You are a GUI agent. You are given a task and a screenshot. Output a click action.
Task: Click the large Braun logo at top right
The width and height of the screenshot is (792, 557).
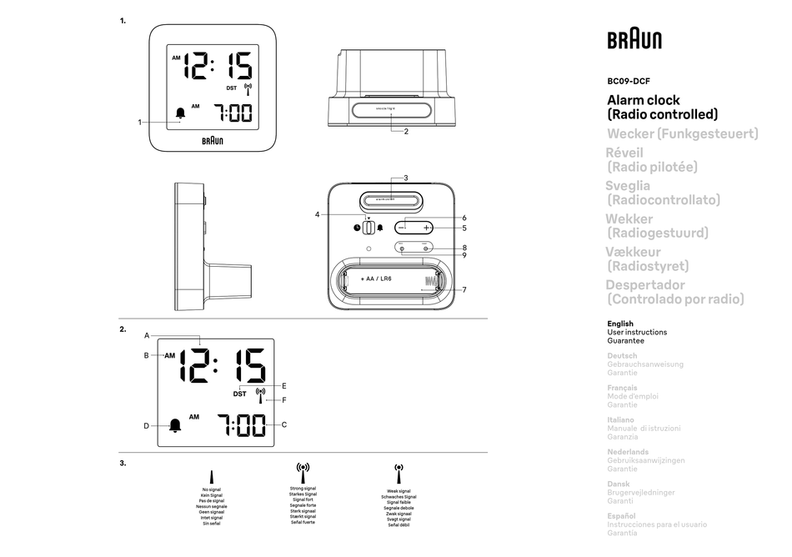(634, 41)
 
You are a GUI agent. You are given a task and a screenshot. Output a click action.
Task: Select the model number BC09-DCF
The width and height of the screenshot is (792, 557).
(628, 82)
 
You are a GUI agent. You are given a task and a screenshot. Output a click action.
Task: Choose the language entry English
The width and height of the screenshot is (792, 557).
(620, 324)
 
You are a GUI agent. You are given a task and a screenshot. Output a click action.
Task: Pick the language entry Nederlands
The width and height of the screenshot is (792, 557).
(628, 452)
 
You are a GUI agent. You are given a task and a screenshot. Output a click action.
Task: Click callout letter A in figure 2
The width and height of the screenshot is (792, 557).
(146, 335)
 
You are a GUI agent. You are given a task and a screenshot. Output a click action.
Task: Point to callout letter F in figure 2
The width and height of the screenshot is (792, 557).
(284, 400)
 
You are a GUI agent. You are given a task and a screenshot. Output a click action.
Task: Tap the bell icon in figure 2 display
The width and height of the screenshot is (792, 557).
(175, 426)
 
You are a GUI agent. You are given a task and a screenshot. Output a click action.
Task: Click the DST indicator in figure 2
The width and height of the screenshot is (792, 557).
(239, 394)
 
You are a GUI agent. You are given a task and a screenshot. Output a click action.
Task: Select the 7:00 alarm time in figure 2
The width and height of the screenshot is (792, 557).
(241, 425)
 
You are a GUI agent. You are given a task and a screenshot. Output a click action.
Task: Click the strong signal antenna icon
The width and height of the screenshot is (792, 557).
(303, 473)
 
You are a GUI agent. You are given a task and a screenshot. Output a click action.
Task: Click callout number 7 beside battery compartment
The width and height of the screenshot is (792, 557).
(464, 290)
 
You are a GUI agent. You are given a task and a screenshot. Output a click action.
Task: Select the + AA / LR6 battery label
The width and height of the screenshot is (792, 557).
(376, 278)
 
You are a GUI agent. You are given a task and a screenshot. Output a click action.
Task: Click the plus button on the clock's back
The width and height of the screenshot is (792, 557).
(426, 228)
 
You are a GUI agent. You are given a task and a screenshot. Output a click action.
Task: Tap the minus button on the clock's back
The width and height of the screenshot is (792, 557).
(402, 228)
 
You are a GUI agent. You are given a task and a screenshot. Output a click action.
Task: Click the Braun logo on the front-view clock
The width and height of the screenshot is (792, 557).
(213, 140)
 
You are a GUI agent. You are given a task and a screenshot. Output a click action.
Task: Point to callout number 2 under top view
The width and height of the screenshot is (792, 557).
(405, 131)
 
